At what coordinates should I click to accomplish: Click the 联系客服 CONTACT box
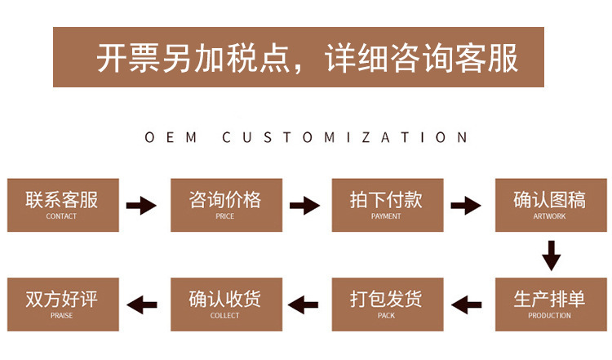click(x=62, y=204)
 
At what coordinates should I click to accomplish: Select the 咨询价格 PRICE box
click(x=225, y=204)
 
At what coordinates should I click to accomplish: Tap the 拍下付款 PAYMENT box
click(x=386, y=204)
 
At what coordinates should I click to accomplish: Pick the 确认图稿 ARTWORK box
click(x=550, y=204)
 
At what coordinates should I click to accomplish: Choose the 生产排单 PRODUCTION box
click(x=550, y=304)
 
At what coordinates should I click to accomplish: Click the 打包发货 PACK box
click(x=386, y=304)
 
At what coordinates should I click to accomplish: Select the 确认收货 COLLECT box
click(x=225, y=304)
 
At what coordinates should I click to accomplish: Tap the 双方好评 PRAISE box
click(x=62, y=304)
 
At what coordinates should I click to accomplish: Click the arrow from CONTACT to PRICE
click(x=142, y=205)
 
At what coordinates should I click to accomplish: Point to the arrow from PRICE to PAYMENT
click(x=305, y=205)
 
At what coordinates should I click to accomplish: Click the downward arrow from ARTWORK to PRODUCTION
click(x=552, y=255)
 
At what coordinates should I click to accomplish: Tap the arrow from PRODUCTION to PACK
click(x=468, y=305)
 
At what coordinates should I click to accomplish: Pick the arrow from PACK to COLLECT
click(x=305, y=305)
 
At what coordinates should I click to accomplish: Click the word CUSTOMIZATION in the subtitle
click(x=345, y=137)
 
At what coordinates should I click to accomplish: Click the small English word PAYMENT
click(x=386, y=216)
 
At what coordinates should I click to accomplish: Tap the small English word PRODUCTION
click(x=550, y=316)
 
